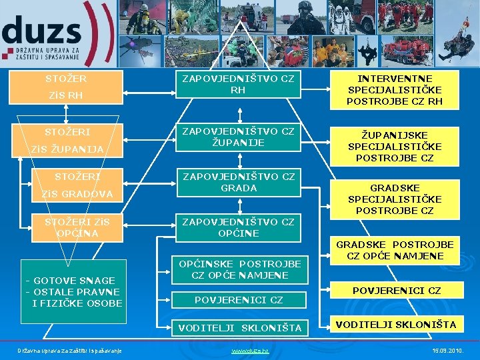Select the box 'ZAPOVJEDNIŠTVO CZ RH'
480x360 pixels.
[x=238, y=84]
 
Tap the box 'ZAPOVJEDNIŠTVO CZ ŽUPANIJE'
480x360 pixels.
[x=238, y=137]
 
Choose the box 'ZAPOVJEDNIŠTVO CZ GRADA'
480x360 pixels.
[x=238, y=182]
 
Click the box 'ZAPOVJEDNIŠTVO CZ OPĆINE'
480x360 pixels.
[x=238, y=227]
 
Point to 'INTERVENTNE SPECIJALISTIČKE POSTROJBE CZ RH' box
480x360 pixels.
[x=394, y=90]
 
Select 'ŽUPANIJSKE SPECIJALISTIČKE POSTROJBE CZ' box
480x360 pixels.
[x=394, y=147]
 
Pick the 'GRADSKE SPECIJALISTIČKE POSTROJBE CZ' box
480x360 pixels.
[x=394, y=199]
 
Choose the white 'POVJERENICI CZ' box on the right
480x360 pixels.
[x=396, y=291]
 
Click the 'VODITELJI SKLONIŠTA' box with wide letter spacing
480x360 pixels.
[x=239, y=327]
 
